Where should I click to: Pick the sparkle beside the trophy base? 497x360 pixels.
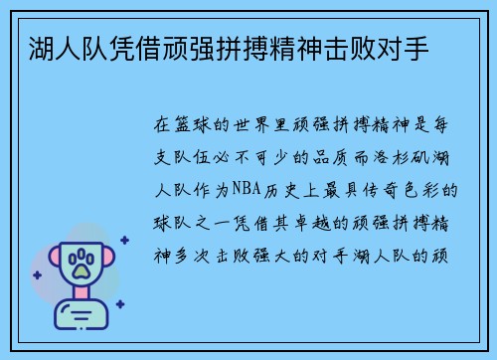[x=119, y=304]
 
